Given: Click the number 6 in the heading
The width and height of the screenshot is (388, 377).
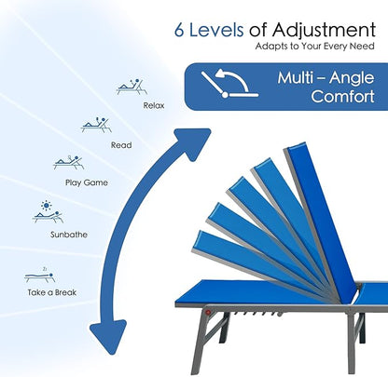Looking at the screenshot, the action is point(179,30).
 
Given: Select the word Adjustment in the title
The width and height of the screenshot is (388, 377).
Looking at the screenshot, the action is point(324,31).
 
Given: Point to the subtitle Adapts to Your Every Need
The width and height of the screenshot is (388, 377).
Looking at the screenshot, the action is point(314,47).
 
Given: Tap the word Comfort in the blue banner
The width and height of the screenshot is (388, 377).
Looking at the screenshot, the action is point(342,96).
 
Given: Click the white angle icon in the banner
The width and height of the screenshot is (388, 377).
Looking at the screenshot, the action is point(229,84).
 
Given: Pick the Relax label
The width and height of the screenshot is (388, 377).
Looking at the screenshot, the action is point(154,105).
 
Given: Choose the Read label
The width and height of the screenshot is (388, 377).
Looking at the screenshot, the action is point(121,145).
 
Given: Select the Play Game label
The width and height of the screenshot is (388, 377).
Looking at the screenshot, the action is point(87,182).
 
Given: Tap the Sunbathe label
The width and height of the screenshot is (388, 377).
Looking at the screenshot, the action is point(69,235).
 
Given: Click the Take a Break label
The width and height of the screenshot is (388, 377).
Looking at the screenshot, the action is point(52,292).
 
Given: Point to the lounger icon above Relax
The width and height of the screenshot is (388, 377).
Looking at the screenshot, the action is point(132,87).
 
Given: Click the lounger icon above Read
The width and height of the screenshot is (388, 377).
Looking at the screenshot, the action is point(96,125).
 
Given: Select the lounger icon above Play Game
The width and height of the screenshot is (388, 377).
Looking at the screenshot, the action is point(68,162).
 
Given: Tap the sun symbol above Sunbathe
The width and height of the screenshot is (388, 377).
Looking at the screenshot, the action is point(47,206).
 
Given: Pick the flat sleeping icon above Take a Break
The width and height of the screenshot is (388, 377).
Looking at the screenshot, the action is point(40,276).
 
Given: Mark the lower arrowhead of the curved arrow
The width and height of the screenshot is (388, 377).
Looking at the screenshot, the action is point(108,337).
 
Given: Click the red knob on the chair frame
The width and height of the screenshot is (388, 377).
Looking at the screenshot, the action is point(208,312).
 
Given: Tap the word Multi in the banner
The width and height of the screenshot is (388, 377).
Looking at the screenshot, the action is point(295,77).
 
